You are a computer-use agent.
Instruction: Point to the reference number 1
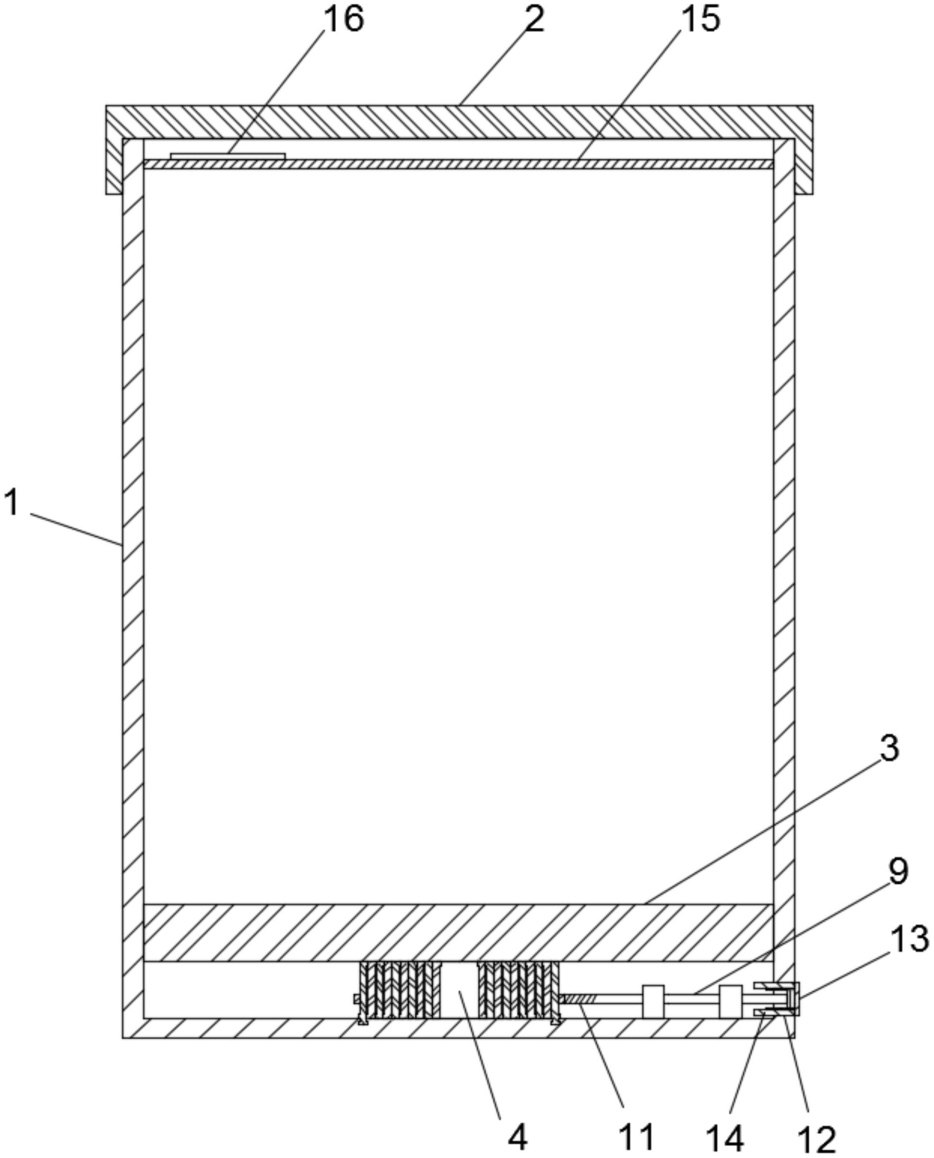click(12, 503)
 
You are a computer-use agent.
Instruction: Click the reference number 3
click(889, 748)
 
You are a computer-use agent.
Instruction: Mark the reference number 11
click(636, 1135)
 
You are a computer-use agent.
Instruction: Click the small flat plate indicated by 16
click(227, 156)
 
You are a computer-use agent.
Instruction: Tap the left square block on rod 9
click(653, 1001)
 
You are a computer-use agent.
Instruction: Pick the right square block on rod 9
click(731, 1001)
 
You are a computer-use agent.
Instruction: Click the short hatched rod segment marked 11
click(580, 999)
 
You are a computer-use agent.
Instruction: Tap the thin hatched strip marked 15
click(457, 164)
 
